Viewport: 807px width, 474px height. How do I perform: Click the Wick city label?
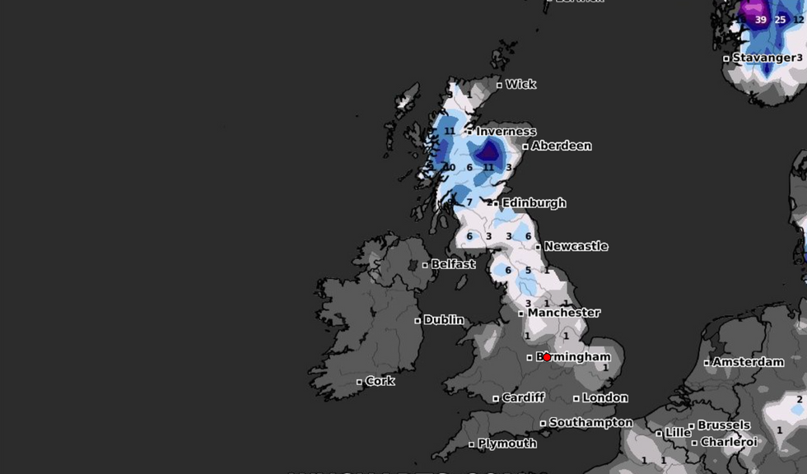pos(520,84)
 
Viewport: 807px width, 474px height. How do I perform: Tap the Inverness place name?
pos(506,132)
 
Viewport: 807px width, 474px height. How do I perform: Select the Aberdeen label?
pos(561,146)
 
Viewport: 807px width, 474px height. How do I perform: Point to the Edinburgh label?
pos(534,202)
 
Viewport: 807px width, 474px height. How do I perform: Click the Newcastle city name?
pos(576,246)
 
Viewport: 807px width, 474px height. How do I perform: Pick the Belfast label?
pos(453,264)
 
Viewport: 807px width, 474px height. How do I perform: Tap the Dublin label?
pos(444,320)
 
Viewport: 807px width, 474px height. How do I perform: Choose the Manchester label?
pos(563,313)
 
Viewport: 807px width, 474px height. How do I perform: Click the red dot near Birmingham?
pos(547,357)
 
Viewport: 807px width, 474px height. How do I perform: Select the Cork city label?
pos(380,381)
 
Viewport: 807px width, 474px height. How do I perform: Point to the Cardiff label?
pos(523,397)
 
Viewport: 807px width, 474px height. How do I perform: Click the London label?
pos(605,397)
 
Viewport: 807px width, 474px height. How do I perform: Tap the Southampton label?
pos(590,423)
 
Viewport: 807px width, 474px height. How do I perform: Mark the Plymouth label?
pos(507,444)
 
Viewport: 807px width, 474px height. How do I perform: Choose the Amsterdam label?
pos(748,362)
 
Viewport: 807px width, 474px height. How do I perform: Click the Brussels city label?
pos(724,425)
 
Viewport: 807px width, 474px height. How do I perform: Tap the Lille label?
pos(678,433)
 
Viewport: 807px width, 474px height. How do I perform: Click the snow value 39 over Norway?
pos(760,20)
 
